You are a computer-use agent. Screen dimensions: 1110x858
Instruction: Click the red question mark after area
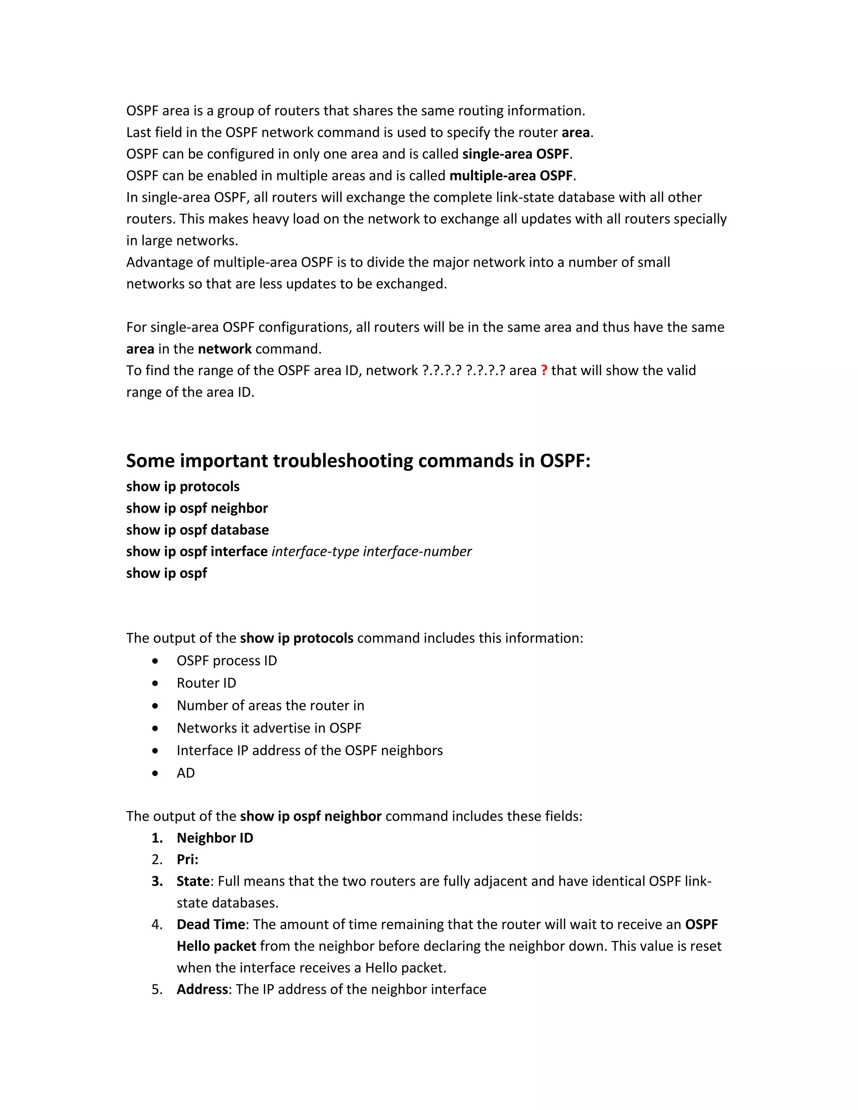[x=544, y=371]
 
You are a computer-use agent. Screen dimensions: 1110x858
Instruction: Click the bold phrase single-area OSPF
[x=516, y=154]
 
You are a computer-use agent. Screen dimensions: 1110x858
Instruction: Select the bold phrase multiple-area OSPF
[x=511, y=176]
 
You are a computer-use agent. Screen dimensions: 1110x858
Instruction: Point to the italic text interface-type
[x=315, y=552]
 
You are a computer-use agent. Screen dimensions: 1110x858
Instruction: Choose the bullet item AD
[x=186, y=773]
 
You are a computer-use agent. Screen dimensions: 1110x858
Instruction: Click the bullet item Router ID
[x=207, y=683]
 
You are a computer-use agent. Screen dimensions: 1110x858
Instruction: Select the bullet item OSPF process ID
[x=227, y=661]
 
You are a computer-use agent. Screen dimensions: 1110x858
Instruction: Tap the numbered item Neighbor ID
[x=214, y=838]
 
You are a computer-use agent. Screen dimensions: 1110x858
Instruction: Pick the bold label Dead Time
[x=210, y=924]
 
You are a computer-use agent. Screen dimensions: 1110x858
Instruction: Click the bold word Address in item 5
[x=202, y=989]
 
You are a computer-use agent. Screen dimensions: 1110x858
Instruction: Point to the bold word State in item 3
[x=193, y=881]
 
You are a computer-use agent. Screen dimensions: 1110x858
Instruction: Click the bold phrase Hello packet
[x=216, y=946]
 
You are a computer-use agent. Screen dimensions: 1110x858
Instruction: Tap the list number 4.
[x=157, y=924]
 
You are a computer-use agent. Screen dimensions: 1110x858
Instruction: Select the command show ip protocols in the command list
[x=183, y=486]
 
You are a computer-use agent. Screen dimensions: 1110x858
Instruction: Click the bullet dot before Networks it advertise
[x=155, y=728]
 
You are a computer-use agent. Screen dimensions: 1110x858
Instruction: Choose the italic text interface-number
[x=417, y=552]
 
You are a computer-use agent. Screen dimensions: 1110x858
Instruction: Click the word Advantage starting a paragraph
[x=160, y=262]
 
